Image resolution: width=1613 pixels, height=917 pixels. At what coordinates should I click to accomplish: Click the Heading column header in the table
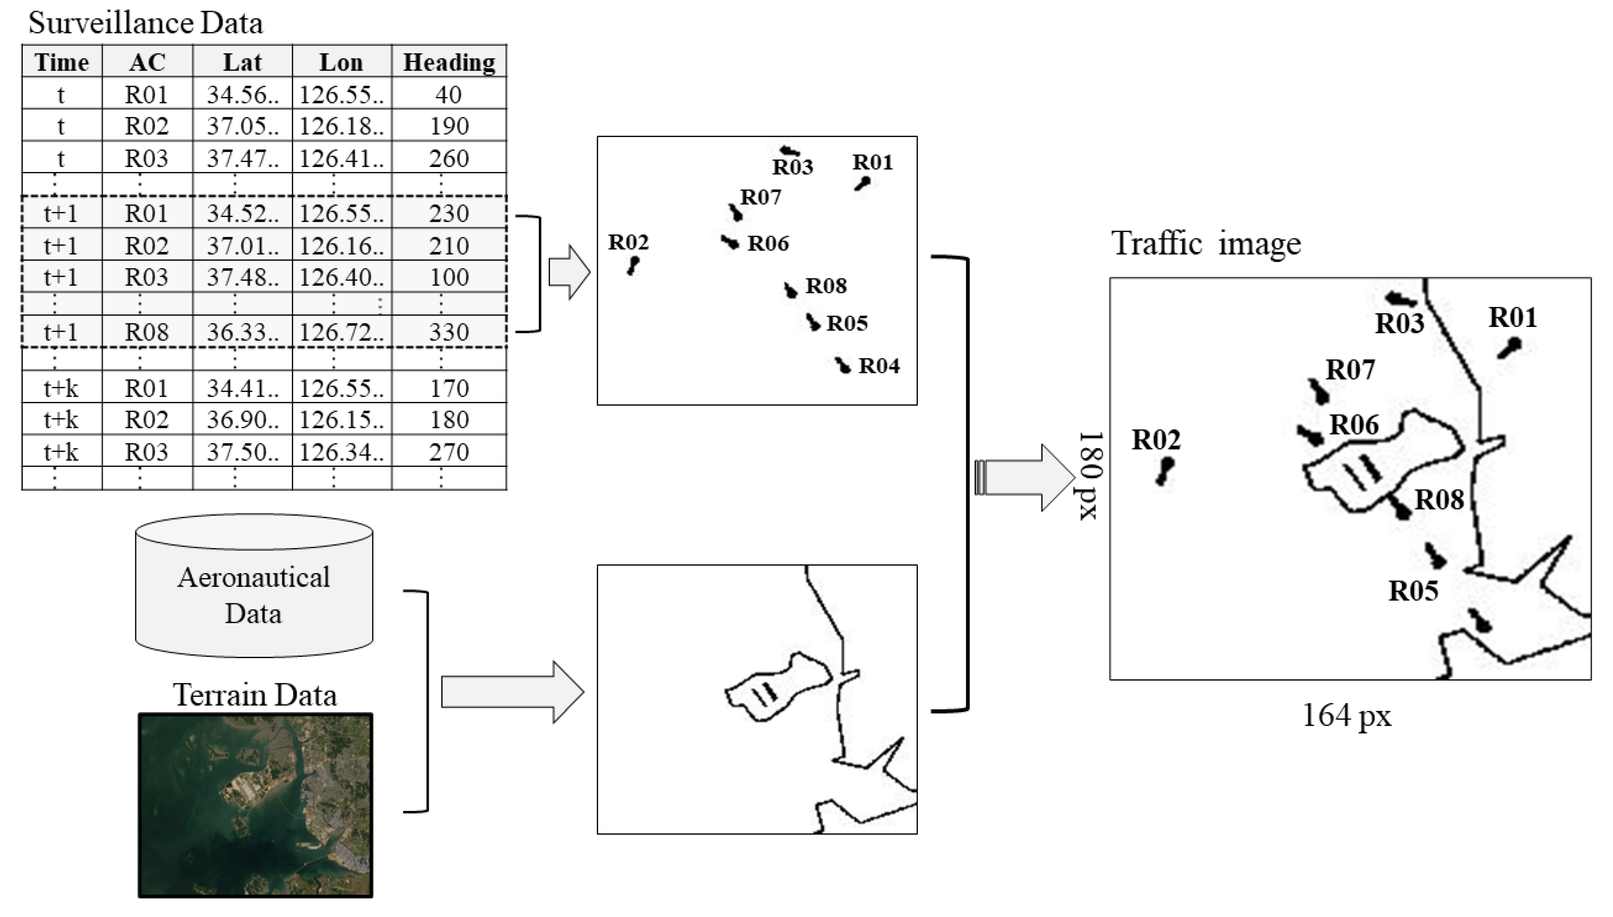click(449, 62)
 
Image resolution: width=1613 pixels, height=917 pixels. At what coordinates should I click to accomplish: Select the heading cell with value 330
click(449, 332)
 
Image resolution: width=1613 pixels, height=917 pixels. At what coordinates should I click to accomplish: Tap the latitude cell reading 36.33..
click(242, 332)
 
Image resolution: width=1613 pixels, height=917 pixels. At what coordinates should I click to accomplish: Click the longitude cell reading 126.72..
click(342, 332)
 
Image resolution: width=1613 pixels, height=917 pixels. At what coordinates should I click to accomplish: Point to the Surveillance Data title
click(146, 23)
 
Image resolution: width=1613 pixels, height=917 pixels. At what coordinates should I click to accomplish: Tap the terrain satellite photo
click(255, 805)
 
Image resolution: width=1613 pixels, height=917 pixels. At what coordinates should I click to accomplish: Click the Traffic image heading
click(1205, 243)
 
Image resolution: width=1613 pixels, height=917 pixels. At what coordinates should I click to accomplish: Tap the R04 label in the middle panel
click(879, 366)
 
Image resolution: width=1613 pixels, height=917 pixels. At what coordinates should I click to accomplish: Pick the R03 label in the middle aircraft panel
click(792, 167)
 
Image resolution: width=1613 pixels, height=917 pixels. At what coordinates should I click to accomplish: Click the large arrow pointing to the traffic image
click(1026, 477)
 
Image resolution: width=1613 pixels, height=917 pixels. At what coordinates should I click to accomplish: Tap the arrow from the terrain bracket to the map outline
click(512, 692)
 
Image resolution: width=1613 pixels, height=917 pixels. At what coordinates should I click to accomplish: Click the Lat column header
click(242, 62)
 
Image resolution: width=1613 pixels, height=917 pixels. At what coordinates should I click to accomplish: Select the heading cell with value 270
click(449, 451)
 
